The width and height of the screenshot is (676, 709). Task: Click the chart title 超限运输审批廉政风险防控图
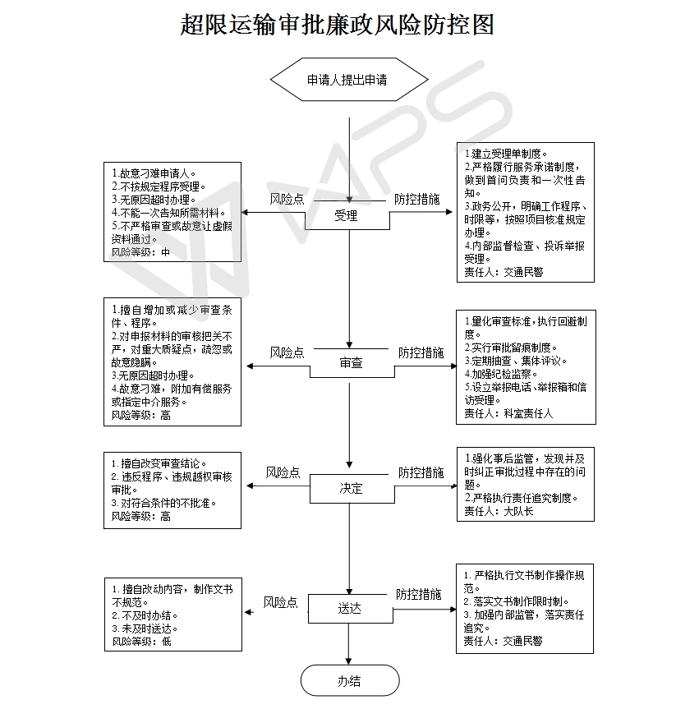click(338, 24)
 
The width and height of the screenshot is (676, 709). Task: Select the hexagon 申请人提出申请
click(348, 81)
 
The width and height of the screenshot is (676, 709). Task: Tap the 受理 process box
click(347, 217)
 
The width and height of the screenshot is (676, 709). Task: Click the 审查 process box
click(351, 362)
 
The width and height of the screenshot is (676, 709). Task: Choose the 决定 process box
click(351, 488)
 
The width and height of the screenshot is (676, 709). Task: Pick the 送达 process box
click(349, 609)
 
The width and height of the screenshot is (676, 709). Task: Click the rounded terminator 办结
click(349, 680)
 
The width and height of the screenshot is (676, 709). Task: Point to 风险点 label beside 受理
click(287, 199)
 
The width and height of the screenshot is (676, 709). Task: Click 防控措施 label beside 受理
click(416, 199)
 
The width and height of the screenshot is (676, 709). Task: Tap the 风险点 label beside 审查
click(287, 352)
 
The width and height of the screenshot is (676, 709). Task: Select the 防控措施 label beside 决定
click(421, 472)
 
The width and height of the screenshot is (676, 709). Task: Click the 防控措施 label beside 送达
click(418, 594)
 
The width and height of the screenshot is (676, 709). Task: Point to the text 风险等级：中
click(141, 252)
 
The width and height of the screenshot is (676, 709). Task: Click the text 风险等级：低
click(141, 641)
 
